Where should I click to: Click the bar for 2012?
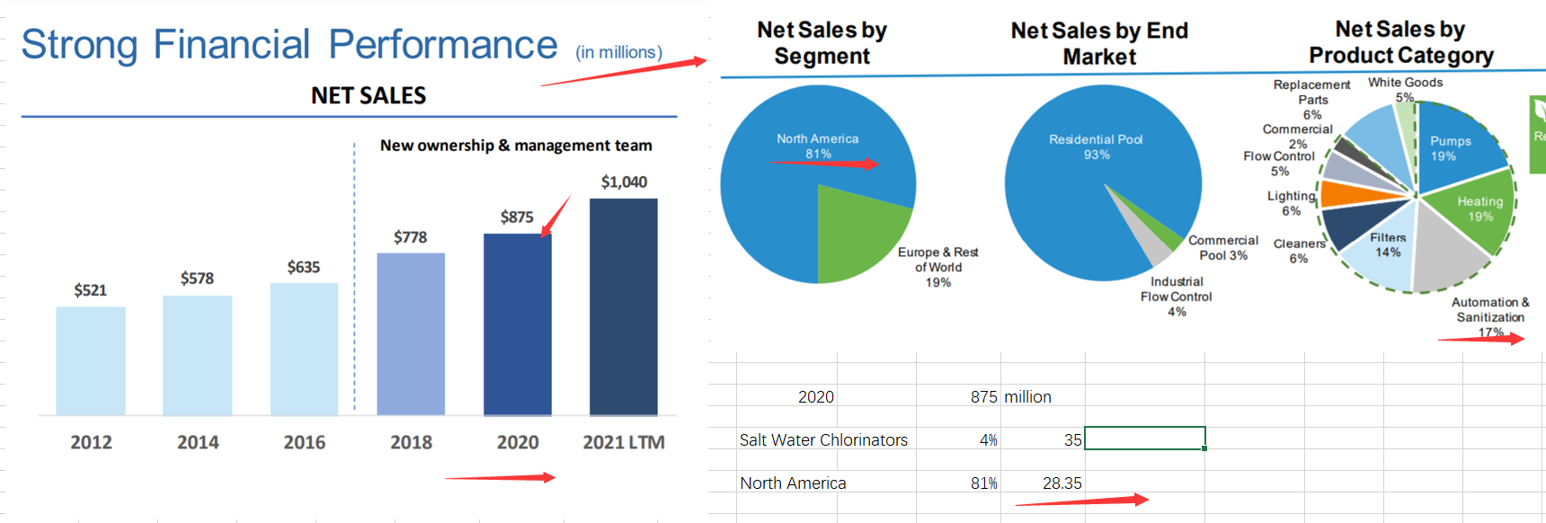click(91, 360)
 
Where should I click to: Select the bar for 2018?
click(411, 333)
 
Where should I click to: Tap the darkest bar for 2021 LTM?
click(624, 306)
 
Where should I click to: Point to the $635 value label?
click(304, 267)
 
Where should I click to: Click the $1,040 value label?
click(624, 182)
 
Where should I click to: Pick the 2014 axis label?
click(198, 442)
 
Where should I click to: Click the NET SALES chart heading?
click(369, 95)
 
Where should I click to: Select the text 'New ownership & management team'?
click(516, 146)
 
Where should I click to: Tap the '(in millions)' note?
click(618, 52)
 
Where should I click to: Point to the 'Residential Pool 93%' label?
click(1096, 146)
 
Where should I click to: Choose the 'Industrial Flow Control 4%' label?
click(1176, 297)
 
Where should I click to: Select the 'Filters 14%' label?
click(1388, 244)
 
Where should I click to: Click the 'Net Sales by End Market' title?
click(1099, 43)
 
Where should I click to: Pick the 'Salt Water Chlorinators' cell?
click(823, 440)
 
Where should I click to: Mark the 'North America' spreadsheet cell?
click(793, 483)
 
